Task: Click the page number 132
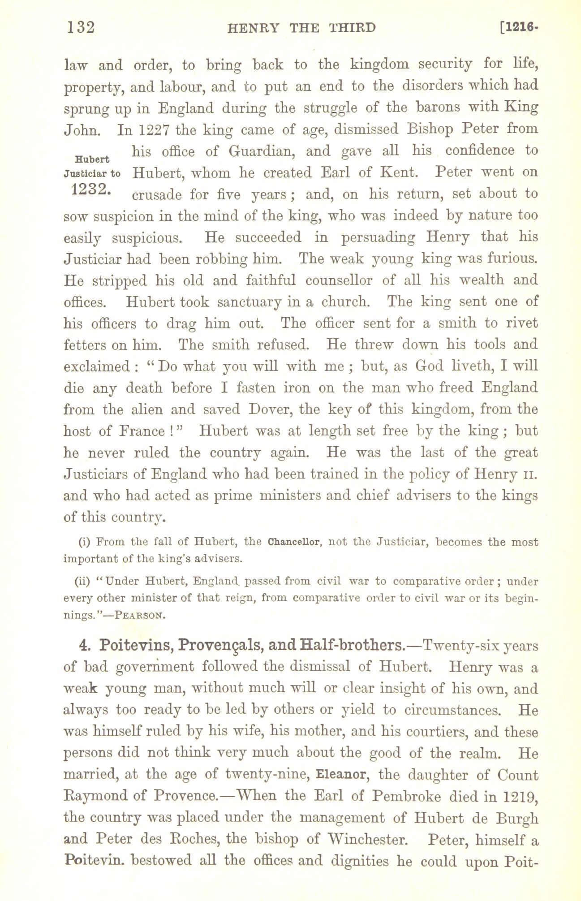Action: pyautogui.click(x=81, y=28)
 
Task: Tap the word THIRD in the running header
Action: pyautogui.click(x=352, y=28)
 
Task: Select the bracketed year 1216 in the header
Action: pyautogui.click(x=520, y=28)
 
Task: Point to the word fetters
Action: pyautogui.click(x=87, y=345)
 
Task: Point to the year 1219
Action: pyautogui.click(x=520, y=796)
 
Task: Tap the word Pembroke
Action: pyautogui.click(x=406, y=796)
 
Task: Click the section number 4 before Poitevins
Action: pyautogui.click(x=82, y=646)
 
